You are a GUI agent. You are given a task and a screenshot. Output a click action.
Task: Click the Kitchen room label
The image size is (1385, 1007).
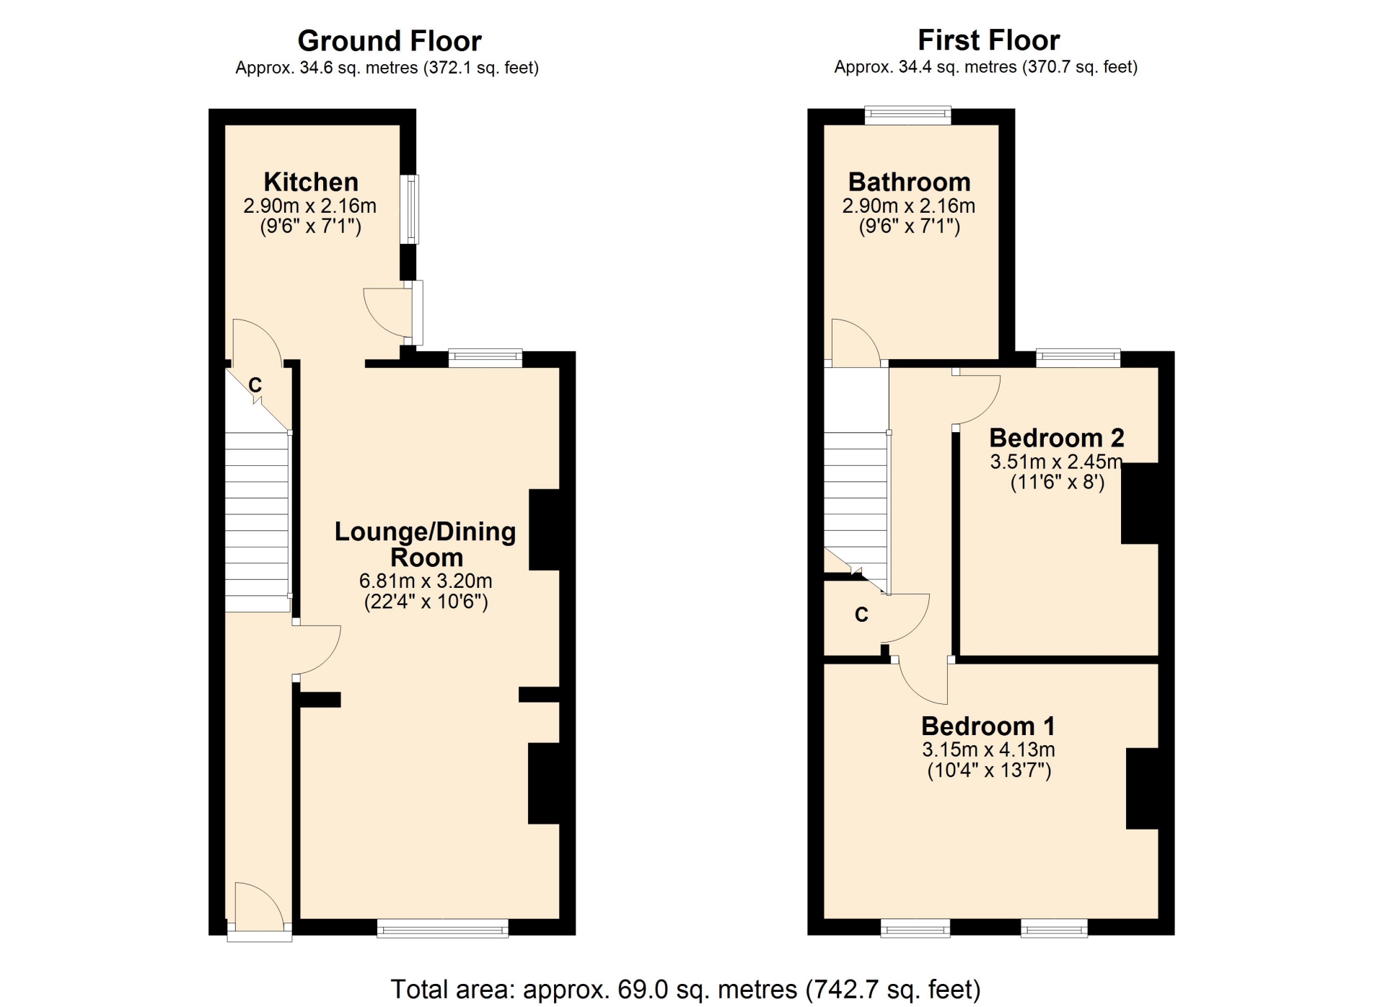311,182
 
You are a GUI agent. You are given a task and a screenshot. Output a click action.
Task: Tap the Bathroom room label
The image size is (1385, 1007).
910,182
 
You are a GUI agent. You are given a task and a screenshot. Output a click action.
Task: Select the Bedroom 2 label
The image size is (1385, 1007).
1057,438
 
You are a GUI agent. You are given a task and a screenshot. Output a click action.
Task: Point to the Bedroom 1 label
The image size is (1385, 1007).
988,726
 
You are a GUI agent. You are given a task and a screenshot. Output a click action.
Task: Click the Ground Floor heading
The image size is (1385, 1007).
390,41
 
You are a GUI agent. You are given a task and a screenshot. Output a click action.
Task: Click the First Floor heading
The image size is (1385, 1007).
988,40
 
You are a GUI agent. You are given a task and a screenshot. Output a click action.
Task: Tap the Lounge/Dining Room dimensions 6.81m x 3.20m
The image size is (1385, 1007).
426,581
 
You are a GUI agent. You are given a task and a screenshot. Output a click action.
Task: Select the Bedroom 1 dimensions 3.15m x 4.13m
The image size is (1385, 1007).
988,749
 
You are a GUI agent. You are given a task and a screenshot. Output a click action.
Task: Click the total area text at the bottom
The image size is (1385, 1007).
685,989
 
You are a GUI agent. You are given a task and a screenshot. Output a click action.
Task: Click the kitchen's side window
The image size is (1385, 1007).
409,209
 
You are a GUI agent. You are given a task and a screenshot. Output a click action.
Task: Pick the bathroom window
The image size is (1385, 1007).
908,115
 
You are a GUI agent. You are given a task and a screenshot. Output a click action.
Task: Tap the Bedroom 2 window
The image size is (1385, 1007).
1078,358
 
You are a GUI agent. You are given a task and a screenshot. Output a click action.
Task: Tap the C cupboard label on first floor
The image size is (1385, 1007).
861,615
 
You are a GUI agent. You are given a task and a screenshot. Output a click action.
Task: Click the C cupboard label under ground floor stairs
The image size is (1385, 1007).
255,385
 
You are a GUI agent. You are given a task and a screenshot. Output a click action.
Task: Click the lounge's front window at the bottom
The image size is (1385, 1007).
443,928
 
